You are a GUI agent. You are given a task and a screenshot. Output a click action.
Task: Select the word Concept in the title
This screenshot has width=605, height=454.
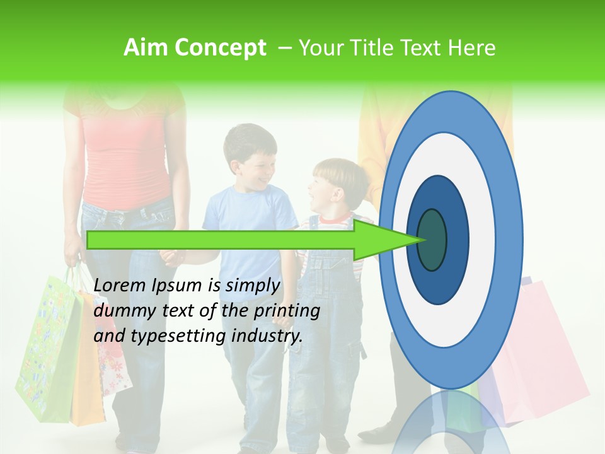[219, 48]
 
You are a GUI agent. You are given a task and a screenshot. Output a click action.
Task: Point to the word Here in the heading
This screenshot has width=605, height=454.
[471, 48]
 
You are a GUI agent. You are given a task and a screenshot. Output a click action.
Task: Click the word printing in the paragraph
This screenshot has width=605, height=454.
[291, 311]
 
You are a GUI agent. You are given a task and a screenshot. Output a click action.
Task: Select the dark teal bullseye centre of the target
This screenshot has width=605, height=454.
[432, 240]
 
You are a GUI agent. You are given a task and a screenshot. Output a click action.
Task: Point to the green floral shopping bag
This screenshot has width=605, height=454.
[47, 347]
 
